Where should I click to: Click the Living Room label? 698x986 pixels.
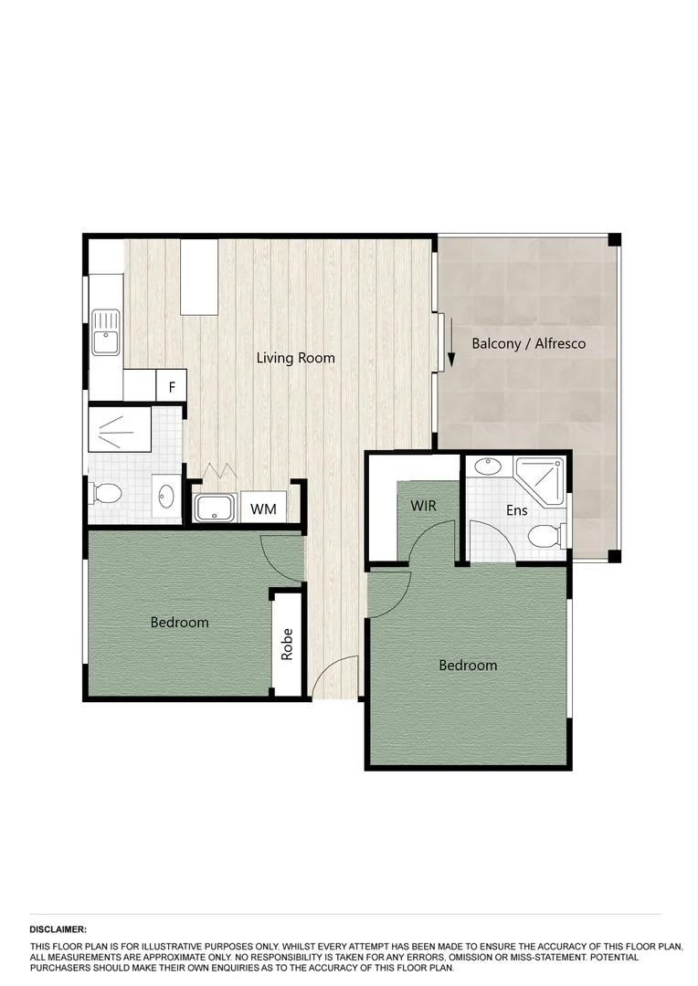coord(295,358)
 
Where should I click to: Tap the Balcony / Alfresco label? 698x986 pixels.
coord(528,344)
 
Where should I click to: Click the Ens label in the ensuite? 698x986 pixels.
coord(517,511)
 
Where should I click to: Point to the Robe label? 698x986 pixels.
coord(287,645)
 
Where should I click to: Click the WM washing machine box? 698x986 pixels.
coord(264,507)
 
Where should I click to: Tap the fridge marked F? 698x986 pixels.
coord(171,385)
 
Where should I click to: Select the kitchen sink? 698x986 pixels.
coord(106,331)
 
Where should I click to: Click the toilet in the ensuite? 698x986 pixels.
coord(545,535)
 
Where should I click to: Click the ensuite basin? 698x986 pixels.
coord(488,467)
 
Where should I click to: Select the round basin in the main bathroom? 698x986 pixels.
coord(166,497)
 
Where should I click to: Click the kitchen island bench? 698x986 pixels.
coord(199,276)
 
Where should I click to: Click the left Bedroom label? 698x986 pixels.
coord(179,623)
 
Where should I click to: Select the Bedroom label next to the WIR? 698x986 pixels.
coord(468,665)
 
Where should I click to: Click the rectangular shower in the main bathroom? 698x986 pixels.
coord(119,429)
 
